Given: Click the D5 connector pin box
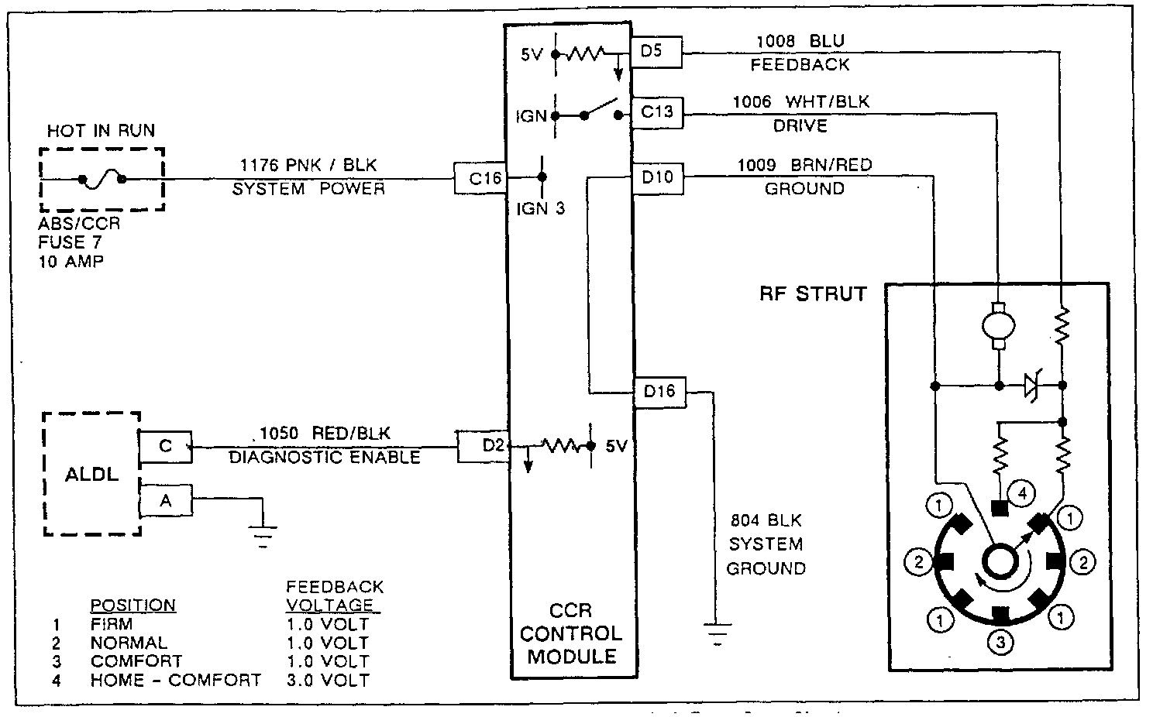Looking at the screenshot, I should point(656,52).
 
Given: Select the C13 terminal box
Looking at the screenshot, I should point(657,111).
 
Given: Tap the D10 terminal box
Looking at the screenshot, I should point(657,177).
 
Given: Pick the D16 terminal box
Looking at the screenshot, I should point(659,392).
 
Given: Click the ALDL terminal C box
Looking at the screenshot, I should point(165,447).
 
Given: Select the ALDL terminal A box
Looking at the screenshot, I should point(165,502).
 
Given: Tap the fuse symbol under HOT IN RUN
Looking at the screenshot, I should point(102,179).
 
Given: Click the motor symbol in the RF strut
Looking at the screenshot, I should point(998,325).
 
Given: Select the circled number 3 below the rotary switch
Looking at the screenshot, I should point(1000,642).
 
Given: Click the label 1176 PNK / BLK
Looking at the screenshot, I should point(308,164).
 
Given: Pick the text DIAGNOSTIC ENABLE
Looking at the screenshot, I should point(325,457).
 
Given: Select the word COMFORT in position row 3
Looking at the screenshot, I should point(136,661).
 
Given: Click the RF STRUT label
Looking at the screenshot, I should point(812,294).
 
